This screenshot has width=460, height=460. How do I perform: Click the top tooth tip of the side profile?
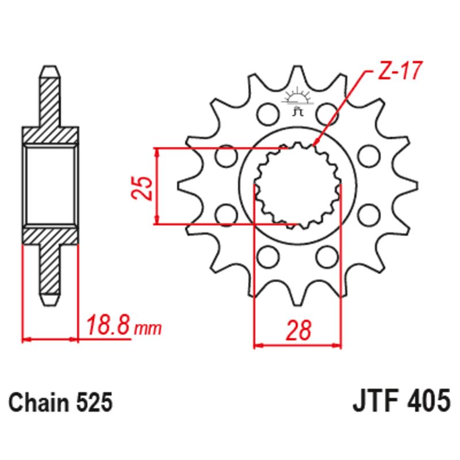(50, 70)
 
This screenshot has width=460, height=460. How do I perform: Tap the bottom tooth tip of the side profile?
(50, 301)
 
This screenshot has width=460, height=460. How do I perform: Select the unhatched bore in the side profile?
(50, 185)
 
